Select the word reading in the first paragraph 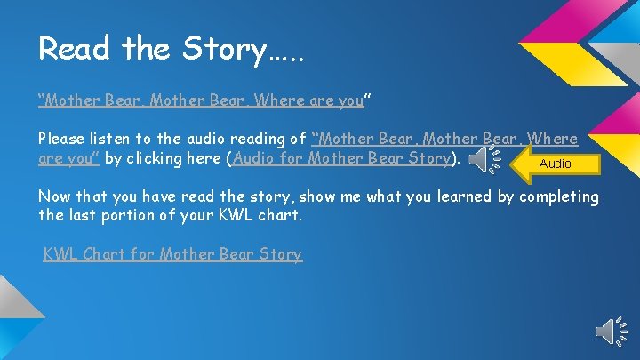264,140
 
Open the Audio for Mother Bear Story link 343,159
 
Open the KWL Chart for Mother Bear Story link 173,254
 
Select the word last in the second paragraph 84,215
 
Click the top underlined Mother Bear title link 201,100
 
